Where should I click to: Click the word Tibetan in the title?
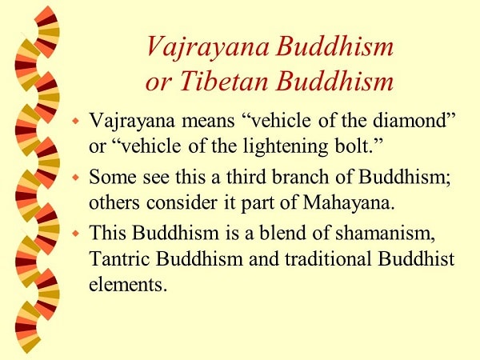[223, 82]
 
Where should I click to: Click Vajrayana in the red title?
[208, 47]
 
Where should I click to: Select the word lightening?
[286, 147]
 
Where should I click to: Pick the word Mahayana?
[349, 203]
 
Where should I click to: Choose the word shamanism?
[386, 234]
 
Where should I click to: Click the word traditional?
[328, 259]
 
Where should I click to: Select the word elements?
[128, 284]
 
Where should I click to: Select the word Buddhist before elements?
[416, 259]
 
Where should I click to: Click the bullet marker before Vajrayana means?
[76, 121]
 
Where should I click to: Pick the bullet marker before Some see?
[76, 178]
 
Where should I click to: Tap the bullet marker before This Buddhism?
[76, 234]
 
